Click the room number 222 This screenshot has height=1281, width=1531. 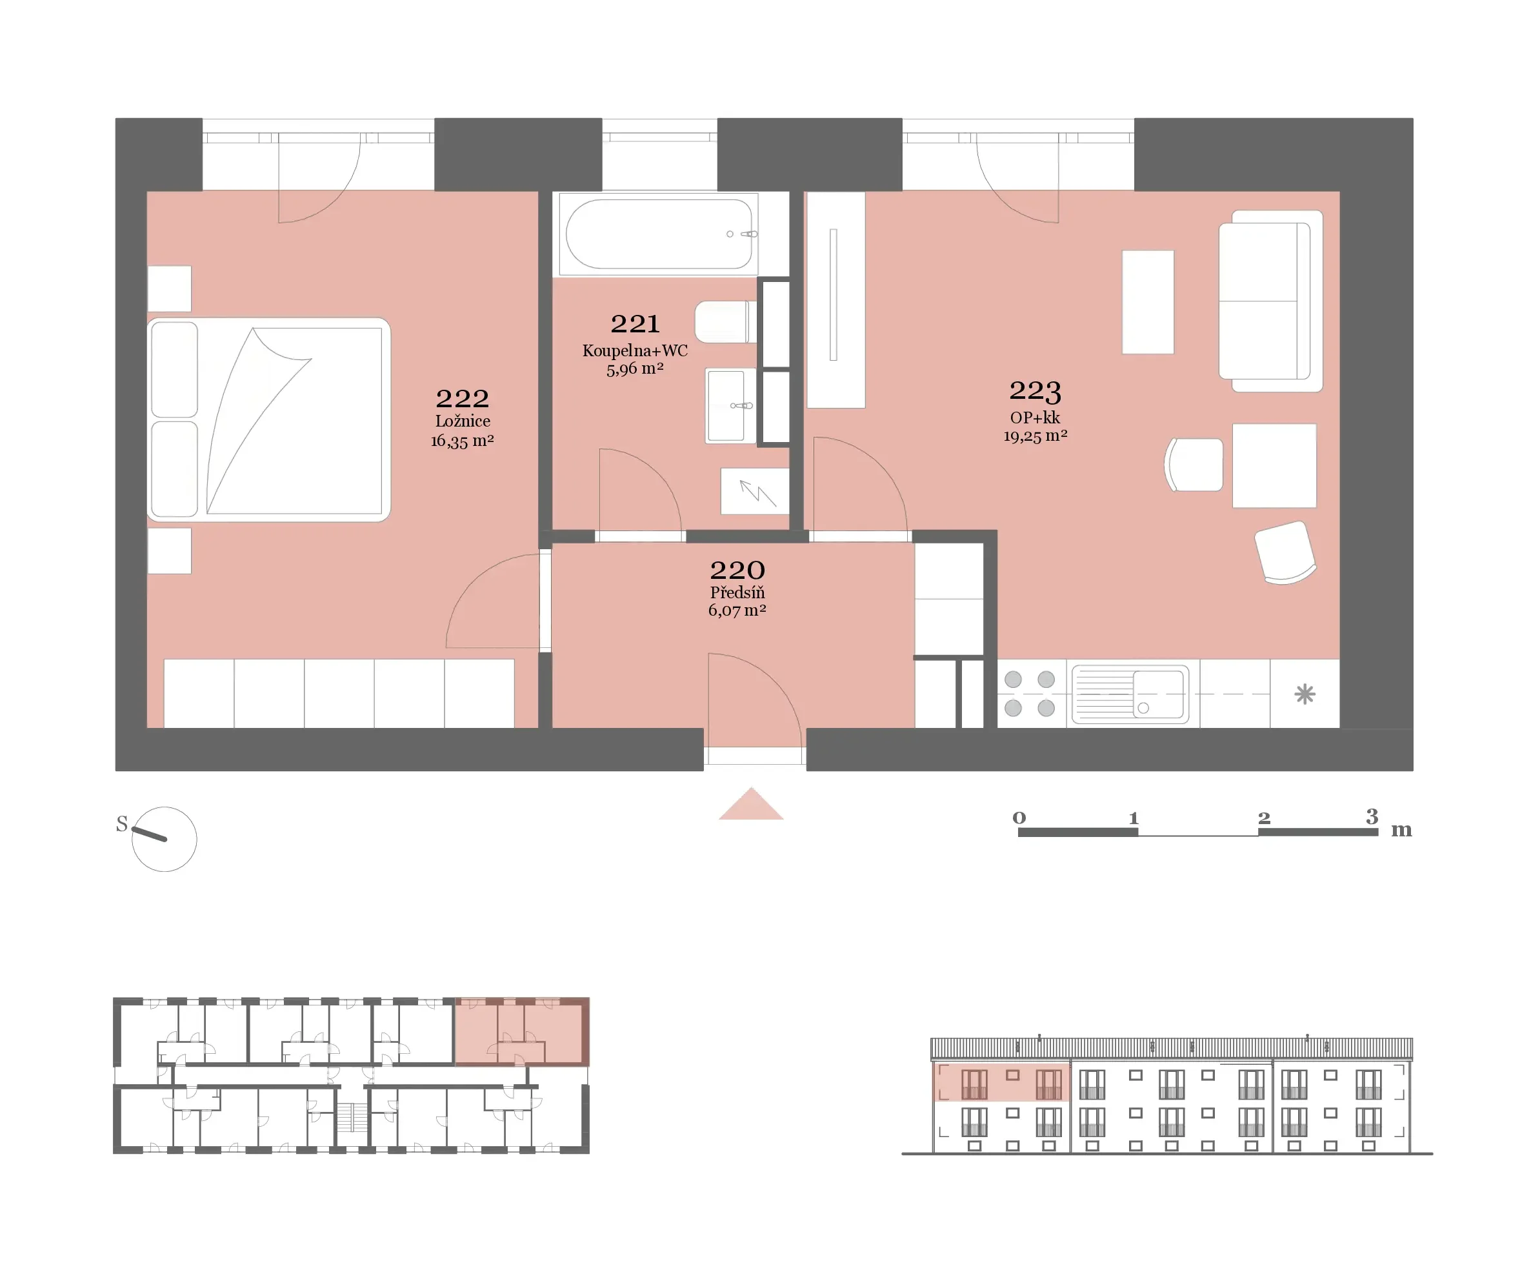[x=462, y=398]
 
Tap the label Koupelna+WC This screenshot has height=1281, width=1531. [x=635, y=350]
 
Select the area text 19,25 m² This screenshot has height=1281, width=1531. [x=1036, y=436]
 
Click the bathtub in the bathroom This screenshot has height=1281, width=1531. [x=659, y=234]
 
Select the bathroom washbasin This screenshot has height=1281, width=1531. [x=730, y=405]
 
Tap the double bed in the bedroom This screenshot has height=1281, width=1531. [x=269, y=420]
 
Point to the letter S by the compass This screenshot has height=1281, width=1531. [x=122, y=824]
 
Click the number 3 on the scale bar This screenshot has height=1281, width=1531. [x=1372, y=816]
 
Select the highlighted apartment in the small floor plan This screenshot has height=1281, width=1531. [x=522, y=1032]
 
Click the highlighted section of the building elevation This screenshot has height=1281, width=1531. [x=1001, y=1082]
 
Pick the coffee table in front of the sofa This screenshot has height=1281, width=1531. [x=1148, y=302]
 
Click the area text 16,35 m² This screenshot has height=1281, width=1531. [x=462, y=440]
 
